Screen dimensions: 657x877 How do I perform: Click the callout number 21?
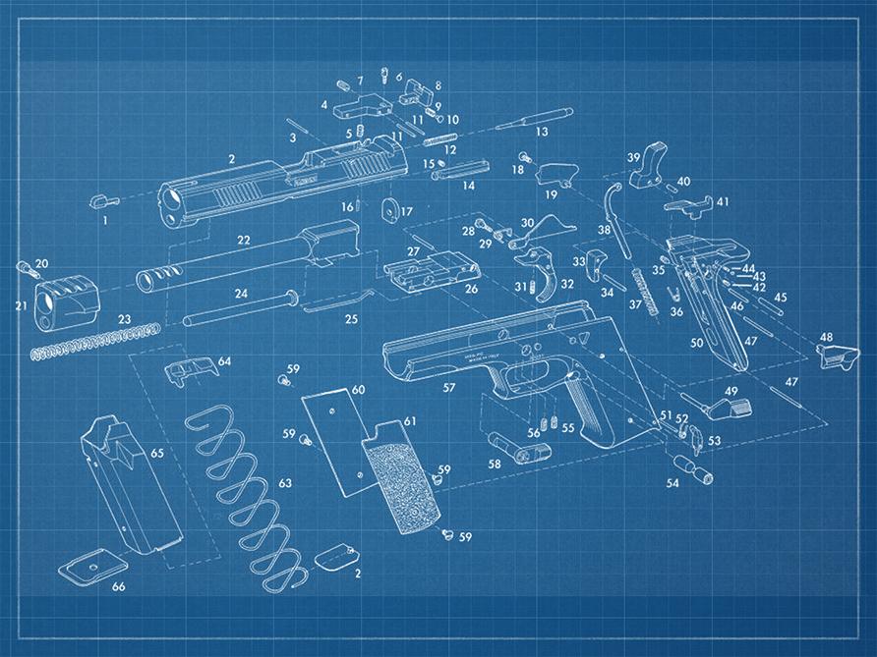point(22,305)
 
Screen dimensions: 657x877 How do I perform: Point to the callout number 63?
point(285,483)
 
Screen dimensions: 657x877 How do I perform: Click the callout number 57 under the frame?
point(448,388)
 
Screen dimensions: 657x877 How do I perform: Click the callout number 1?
point(105,221)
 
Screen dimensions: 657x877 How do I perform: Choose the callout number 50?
point(696,343)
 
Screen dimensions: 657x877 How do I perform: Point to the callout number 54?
point(672,483)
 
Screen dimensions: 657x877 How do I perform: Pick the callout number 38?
point(604,229)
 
